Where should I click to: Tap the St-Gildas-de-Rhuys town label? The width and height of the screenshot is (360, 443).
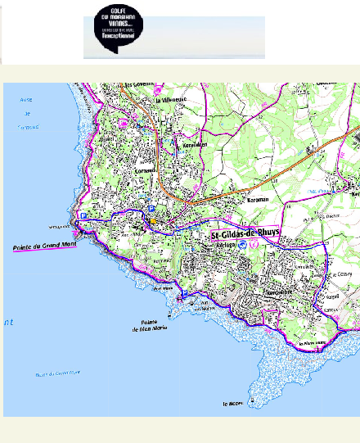[245, 234]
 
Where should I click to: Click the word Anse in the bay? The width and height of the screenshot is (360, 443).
[25, 100]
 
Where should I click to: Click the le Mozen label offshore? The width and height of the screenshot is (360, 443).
[233, 404]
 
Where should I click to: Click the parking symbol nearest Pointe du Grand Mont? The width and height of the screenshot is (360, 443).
[83, 215]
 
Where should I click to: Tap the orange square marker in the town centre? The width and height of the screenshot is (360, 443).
[151, 220]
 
